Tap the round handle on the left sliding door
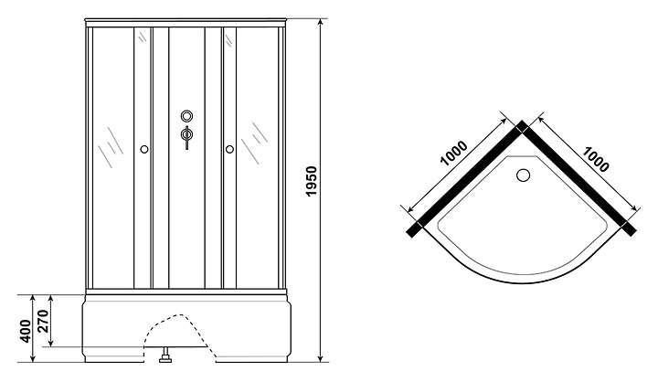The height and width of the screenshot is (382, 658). coord(144,149)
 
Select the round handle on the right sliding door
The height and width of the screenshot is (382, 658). coord(228,149)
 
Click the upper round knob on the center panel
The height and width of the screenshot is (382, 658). coord(187,117)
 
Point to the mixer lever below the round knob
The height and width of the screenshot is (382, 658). coord(187,137)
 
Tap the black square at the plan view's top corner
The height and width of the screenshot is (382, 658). coord(521,127)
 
